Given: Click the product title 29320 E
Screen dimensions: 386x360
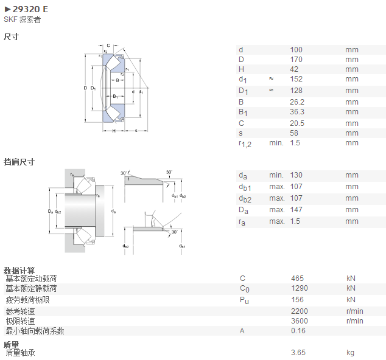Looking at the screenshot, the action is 30,9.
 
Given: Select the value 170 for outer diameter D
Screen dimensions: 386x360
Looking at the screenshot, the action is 296,60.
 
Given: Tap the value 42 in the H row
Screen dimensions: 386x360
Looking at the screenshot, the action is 294,69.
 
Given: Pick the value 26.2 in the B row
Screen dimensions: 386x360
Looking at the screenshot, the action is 297,102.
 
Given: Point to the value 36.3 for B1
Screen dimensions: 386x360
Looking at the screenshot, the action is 297,112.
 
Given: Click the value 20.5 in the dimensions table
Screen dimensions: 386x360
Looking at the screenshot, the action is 297,123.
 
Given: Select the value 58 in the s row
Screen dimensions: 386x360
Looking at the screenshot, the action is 294,133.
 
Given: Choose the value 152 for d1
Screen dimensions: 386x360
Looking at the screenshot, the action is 296,79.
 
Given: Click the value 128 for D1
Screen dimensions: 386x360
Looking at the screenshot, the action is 296,91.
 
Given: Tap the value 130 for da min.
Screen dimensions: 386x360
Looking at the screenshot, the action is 296,175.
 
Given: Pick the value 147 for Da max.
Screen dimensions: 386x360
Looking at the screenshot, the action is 296,210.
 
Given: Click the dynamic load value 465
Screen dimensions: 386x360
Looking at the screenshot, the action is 297,279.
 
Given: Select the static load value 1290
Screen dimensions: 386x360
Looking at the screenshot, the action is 300,288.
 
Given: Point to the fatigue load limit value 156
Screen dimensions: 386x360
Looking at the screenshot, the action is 297,300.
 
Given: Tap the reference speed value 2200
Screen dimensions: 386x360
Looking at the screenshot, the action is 300,311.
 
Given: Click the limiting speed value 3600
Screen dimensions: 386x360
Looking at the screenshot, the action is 300,321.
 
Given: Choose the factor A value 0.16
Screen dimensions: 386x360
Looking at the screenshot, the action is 298,331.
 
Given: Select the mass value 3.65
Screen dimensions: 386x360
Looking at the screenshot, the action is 298,353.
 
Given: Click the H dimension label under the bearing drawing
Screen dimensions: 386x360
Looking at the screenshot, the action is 114,131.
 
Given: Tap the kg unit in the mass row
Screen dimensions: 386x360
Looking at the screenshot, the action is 350,353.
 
